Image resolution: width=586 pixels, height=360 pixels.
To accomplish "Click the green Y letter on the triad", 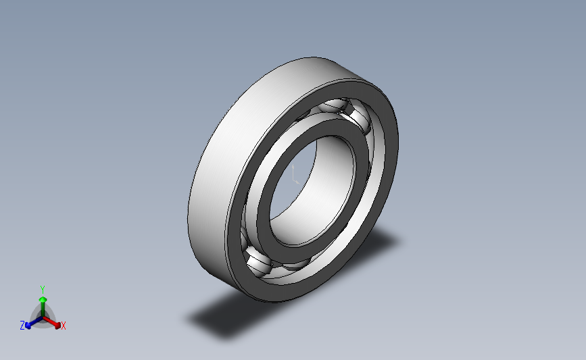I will pos(42,288).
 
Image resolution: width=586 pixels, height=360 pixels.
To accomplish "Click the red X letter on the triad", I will pos(64,326).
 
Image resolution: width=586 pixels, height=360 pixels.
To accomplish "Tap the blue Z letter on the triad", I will pos(22,326).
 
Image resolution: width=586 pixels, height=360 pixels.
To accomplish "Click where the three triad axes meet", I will pos(43,315).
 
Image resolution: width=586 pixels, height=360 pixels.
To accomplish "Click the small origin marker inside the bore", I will pos(295,178).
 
